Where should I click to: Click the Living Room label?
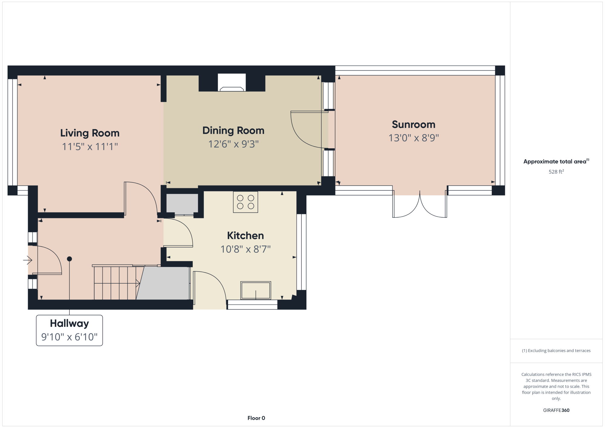click(90, 133)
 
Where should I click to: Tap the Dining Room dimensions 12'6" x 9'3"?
click(234, 144)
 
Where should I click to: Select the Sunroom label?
click(414, 124)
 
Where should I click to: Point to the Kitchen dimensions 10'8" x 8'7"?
click(246, 249)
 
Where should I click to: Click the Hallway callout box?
click(69, 330)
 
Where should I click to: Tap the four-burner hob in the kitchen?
click(245, 202)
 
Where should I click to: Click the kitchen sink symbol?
click(256, 290)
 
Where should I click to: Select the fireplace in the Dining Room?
click(232, 82)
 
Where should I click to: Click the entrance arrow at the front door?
click(28, 260)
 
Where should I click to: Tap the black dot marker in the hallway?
click(69, 259)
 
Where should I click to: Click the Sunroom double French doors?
click(420, 204)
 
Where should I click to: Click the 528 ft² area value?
click(556, 172)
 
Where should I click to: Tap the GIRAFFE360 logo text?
click(556, 410)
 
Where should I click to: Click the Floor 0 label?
click(256, 418)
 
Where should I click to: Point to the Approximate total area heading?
click(556, 161)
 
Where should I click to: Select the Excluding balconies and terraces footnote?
click(556, 351)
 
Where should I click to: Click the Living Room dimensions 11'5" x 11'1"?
click(90, 147)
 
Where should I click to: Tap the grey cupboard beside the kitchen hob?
click(182, 203)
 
